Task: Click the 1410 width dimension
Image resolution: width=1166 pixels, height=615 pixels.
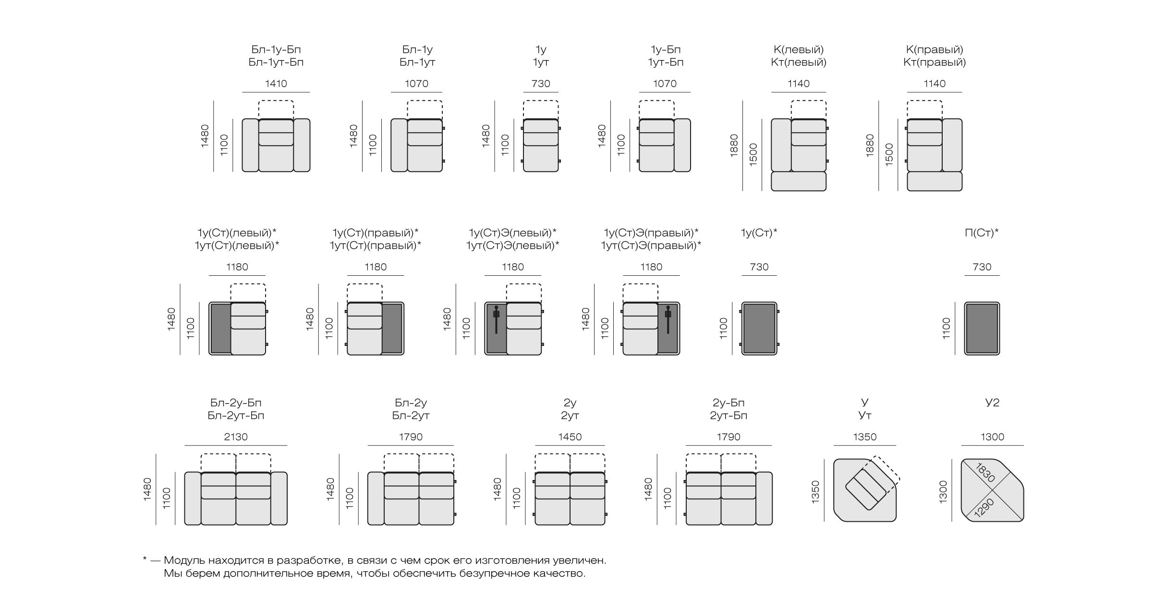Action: (x=276, y=84)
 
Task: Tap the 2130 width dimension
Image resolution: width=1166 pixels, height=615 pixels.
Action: (x=236, y=437)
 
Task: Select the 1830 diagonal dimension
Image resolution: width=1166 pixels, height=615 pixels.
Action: (x=985, y=473)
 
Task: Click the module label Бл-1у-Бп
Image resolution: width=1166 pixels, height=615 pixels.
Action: (x=276, y=49)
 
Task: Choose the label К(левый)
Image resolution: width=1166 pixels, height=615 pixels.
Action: (x=799, y=49)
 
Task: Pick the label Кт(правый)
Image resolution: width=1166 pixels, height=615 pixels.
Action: (x=935, y=62)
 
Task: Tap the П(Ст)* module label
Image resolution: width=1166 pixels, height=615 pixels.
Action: (x=982, y=233)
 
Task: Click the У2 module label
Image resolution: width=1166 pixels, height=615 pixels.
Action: (x=992, y=403)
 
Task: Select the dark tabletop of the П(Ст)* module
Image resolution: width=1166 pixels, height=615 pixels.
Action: (x=982, y=329)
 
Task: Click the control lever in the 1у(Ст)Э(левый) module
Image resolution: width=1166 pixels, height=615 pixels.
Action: (x=496, y=320)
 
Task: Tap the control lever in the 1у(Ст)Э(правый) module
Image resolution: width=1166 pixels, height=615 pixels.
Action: (x=668, y=320)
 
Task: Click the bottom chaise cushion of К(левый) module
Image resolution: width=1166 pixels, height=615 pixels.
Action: (x=799, y=181)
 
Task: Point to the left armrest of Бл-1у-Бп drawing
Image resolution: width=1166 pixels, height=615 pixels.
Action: (x=250, y=145)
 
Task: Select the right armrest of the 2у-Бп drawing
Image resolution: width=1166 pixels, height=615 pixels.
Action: (x=764, y=498)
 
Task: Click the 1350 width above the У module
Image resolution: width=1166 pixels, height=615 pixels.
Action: (x=865, y=437)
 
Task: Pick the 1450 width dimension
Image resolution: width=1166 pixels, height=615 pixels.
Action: (x=570, y=437)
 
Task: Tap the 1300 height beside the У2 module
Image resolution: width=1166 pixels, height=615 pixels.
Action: (x=943, y=492)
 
